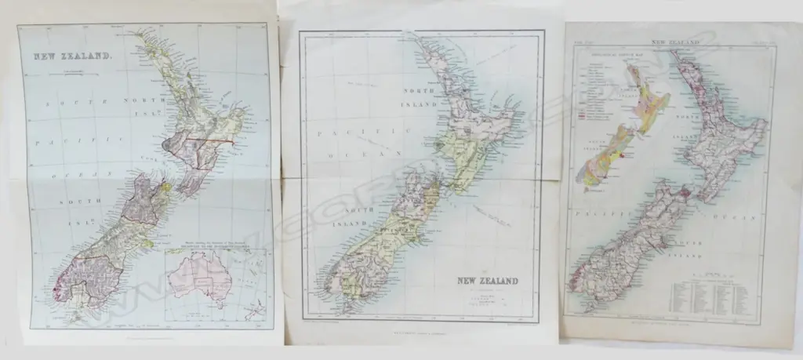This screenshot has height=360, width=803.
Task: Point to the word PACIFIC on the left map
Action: click(x=49, y=145)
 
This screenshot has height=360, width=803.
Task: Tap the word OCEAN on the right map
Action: click(x=738, y=213)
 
